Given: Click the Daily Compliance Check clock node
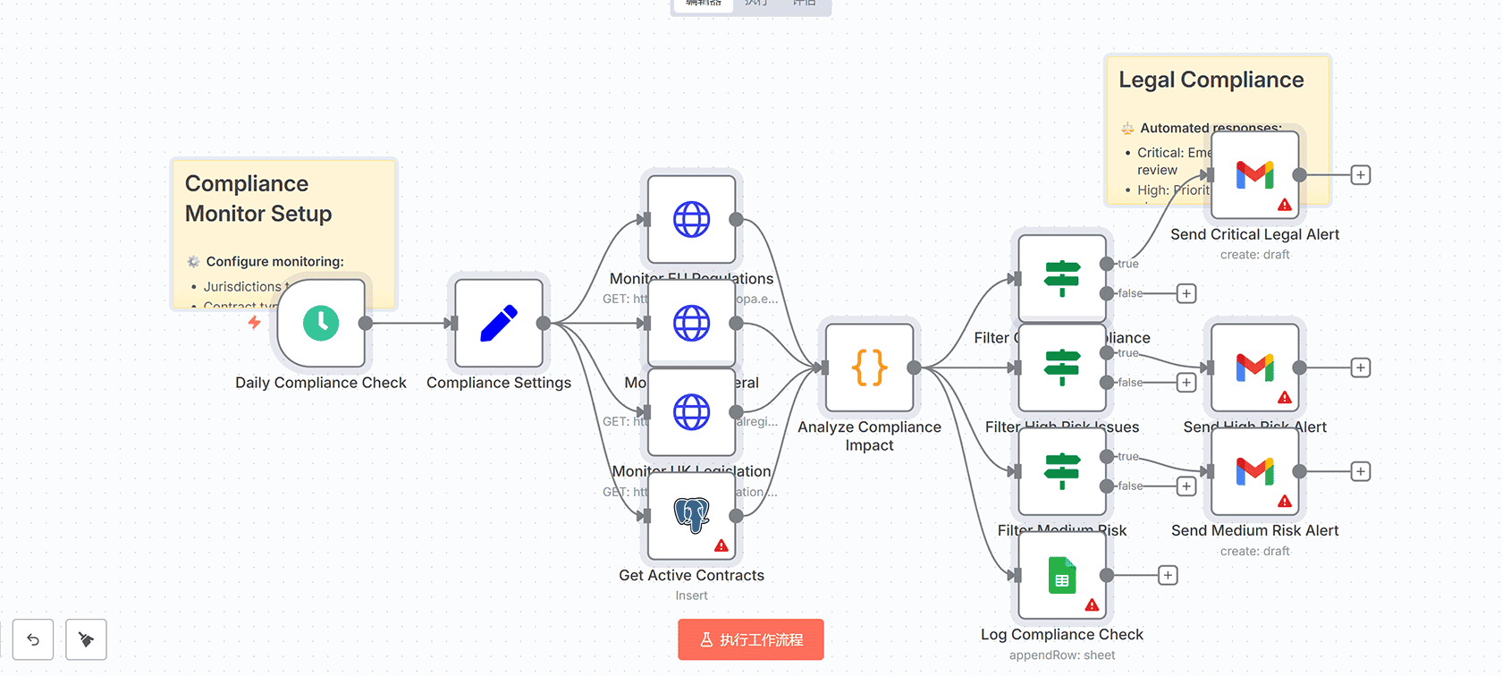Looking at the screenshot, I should [x=321, y=323].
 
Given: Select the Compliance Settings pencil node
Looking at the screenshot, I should [x=499, y=323].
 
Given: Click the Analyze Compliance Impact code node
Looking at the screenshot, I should [x=869, y=368].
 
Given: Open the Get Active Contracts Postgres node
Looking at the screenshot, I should [x=691, y=516].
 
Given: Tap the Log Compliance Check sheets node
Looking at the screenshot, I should [x=1062, y=576].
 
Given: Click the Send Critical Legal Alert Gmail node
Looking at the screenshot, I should [x=1254, y=175].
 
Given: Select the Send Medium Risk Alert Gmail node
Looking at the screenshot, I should [x=1254, y=471].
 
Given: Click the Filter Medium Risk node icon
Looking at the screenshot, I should [x=1062, y=471].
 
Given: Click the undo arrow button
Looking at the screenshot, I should [x=33, y=639].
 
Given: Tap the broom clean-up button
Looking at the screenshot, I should [x=86, y=639].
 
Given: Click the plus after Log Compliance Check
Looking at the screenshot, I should [x=1168, y=575].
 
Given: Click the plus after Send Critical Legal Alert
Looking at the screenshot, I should [x=1360, y=175].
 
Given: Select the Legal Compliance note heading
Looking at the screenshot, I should [x=1211, y=80].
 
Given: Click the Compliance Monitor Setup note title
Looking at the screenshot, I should [x=258, y=199].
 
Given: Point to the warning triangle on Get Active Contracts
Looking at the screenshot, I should [x=721, y=545].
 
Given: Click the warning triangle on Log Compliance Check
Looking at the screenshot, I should [x=1092, y=605].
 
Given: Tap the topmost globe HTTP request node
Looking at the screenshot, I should [x=691, y=219].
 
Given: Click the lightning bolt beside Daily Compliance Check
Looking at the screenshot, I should [x=255, y=322].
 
